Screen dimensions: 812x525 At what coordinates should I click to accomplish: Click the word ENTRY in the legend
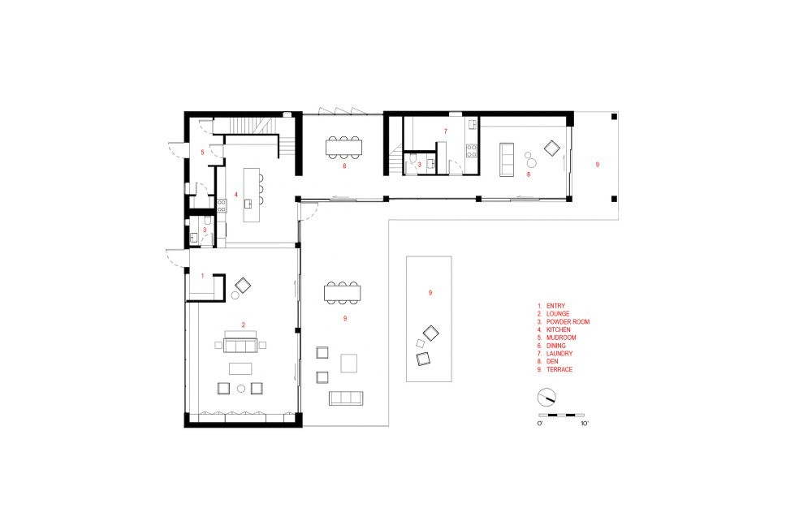(555, 306)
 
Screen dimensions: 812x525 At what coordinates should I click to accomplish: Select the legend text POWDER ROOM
(568, 321)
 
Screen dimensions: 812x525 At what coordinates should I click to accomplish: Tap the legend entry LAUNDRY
(559, 354)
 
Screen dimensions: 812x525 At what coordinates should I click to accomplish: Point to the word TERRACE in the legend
(559, 370)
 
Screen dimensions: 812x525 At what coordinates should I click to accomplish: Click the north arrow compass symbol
(546, 398)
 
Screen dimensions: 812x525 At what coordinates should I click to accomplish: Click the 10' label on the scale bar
(585, 424)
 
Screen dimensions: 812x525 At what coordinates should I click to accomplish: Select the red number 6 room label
(344, 166)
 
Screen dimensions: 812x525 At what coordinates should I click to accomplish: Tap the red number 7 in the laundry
(445, 131)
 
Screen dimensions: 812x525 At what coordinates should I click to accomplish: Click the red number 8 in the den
(529, 174)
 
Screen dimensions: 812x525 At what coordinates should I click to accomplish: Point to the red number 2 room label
(243, 325)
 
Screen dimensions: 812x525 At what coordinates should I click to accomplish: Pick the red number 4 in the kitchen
(235, 195)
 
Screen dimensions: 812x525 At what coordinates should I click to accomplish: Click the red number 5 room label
(202, 153)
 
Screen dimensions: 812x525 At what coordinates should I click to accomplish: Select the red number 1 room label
(202, 276)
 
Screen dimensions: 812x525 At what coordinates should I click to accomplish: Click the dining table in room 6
(343, 148)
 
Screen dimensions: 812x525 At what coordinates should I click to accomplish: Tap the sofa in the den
(507, 160)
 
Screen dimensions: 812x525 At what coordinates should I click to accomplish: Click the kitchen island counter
(252, 195)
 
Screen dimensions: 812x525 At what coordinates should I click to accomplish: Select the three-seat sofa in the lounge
(240, 345)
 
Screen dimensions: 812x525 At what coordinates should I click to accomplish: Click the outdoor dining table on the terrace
(343, 293)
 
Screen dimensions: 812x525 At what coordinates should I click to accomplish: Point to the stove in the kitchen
(222, 205)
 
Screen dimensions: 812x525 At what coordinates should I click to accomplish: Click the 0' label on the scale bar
(540, 424)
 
